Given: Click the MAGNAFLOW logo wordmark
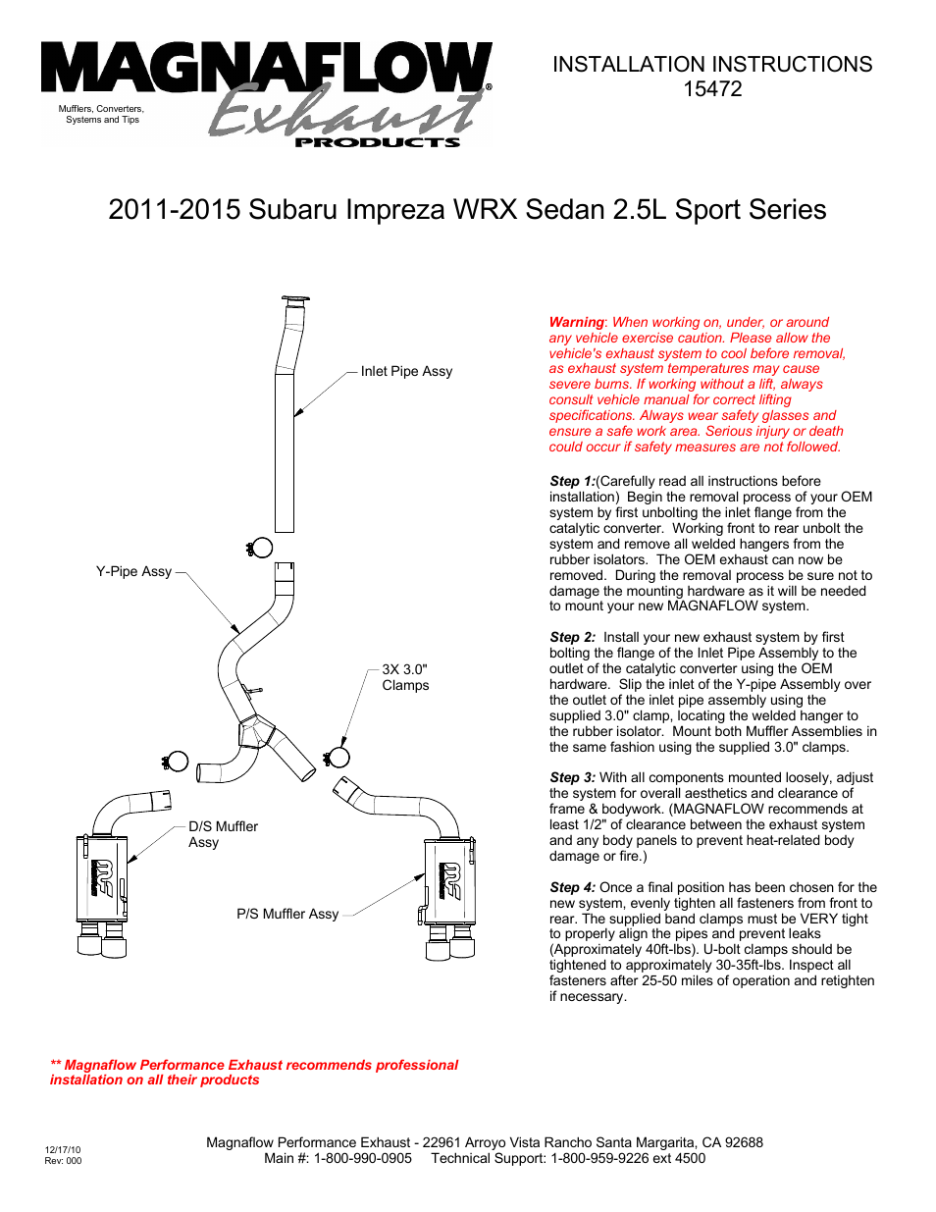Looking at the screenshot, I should [265, 71].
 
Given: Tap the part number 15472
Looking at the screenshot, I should [712, 89].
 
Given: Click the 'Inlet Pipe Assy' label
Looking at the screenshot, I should [406, 371].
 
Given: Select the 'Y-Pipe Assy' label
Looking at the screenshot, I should [133, 571].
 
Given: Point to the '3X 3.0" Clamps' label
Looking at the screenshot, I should [405, 677].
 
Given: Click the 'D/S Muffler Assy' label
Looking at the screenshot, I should [223, 834].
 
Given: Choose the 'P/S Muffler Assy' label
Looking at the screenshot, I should [287, 914].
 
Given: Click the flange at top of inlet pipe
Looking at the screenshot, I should [294, 299].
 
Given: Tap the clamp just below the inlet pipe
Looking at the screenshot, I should [260, 548].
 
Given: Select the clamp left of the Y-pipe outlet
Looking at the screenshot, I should [176, 761].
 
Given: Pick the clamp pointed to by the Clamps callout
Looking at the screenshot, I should [338, 756].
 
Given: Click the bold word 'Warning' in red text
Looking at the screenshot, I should [576, 322].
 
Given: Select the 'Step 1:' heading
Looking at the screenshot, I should [572, 481].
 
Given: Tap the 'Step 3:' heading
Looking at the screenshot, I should [572, 777].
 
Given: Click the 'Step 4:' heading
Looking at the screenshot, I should [572, 887].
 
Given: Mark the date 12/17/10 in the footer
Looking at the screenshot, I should [63, 1149].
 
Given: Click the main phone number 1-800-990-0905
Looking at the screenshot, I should [362, 1158].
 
